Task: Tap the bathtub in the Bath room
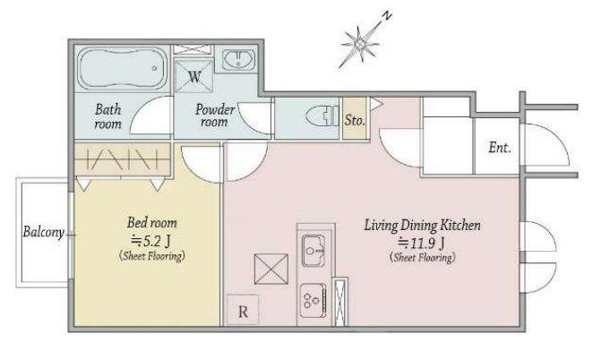click(x=123, y=68)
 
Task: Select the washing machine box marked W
click(x=194, y=75)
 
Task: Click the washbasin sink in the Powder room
click(x=238, y=60)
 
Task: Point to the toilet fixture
click(x=322, y=116)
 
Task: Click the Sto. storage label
click(x=355, y=120)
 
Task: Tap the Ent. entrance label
click(x=500, y=148)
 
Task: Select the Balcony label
click(x=43, y=232)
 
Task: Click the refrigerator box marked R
click(x=243, y=310)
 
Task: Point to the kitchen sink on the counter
click(x=313, y=251)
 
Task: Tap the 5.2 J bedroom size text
click(x=151, y=241)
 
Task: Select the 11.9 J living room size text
click(x=422, y=243)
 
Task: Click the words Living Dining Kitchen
click(x=422, y=225)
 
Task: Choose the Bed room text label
click(x=152, y=223)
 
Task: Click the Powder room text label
click(x=215, y=116)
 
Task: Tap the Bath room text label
click(x=108, y=116)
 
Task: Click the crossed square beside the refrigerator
click(x=271, y=269)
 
